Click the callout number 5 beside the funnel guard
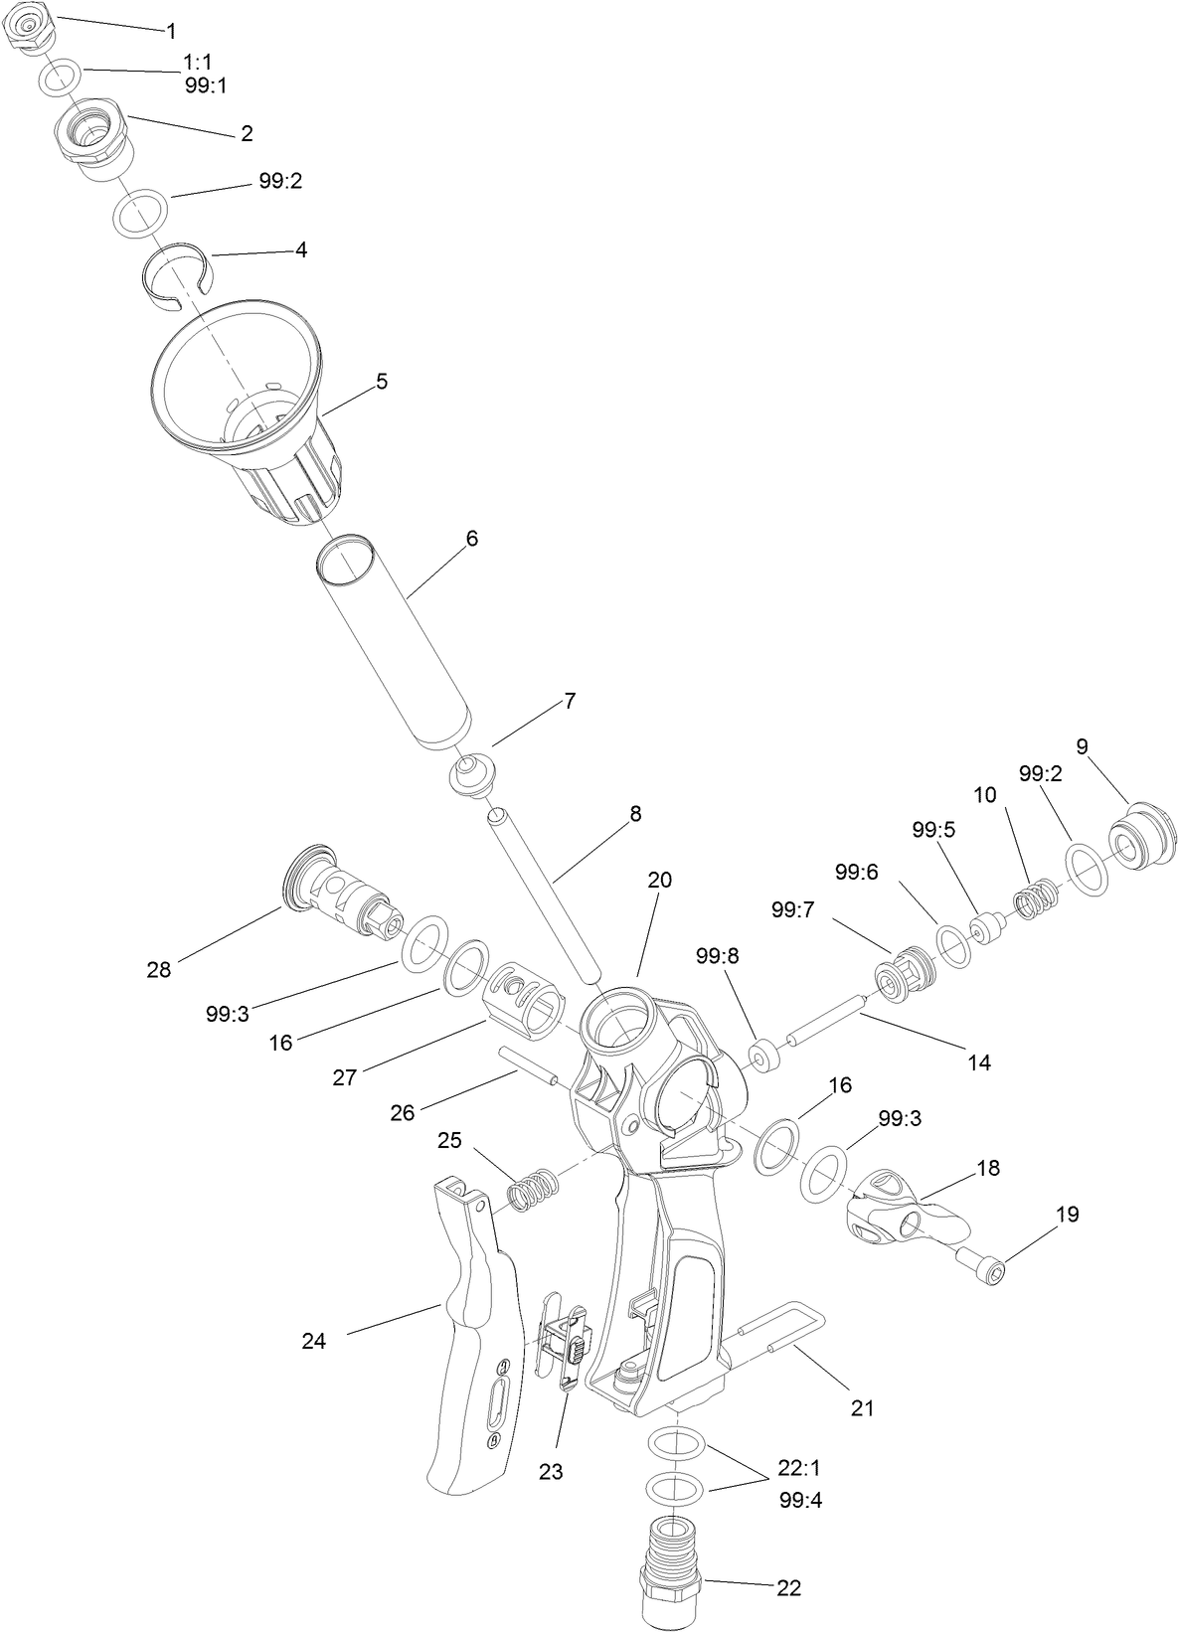[382, 382]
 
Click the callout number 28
[159, 969]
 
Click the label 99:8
[718, 956]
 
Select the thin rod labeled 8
[545, 894]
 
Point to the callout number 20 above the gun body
[659, 880]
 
